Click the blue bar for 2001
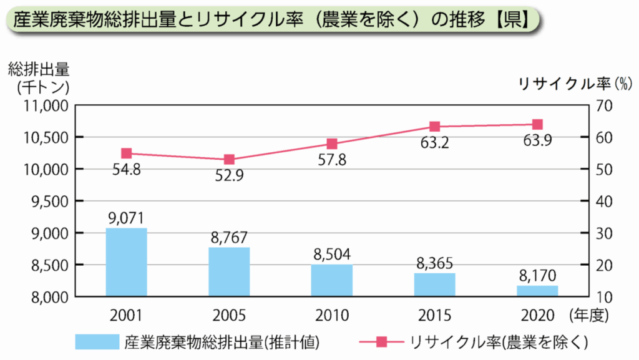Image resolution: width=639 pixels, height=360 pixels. (127, 262)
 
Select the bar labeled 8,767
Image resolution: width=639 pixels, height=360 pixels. (229, 272)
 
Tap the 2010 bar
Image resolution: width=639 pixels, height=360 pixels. (332, 280)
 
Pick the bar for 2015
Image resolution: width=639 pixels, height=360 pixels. (434, 285)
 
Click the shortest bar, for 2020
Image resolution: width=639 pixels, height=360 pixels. (537, 291)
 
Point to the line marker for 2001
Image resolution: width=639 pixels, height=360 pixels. (127, 153)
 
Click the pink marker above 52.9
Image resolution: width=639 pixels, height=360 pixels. (229, 160)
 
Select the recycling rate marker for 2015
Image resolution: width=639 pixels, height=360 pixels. (435, 127)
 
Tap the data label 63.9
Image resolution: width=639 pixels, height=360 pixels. (537, 140)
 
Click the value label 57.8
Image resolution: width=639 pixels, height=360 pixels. (332, 160)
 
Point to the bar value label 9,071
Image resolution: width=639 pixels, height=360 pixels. (127, 218)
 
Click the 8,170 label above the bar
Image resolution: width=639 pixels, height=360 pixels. (537, 275)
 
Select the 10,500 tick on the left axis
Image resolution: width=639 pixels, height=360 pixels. (44, 137)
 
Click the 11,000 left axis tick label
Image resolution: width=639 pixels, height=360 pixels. (44, 105)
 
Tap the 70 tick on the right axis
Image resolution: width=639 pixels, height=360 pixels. (605, 105)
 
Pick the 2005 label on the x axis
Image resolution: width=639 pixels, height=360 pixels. (229, 314)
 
